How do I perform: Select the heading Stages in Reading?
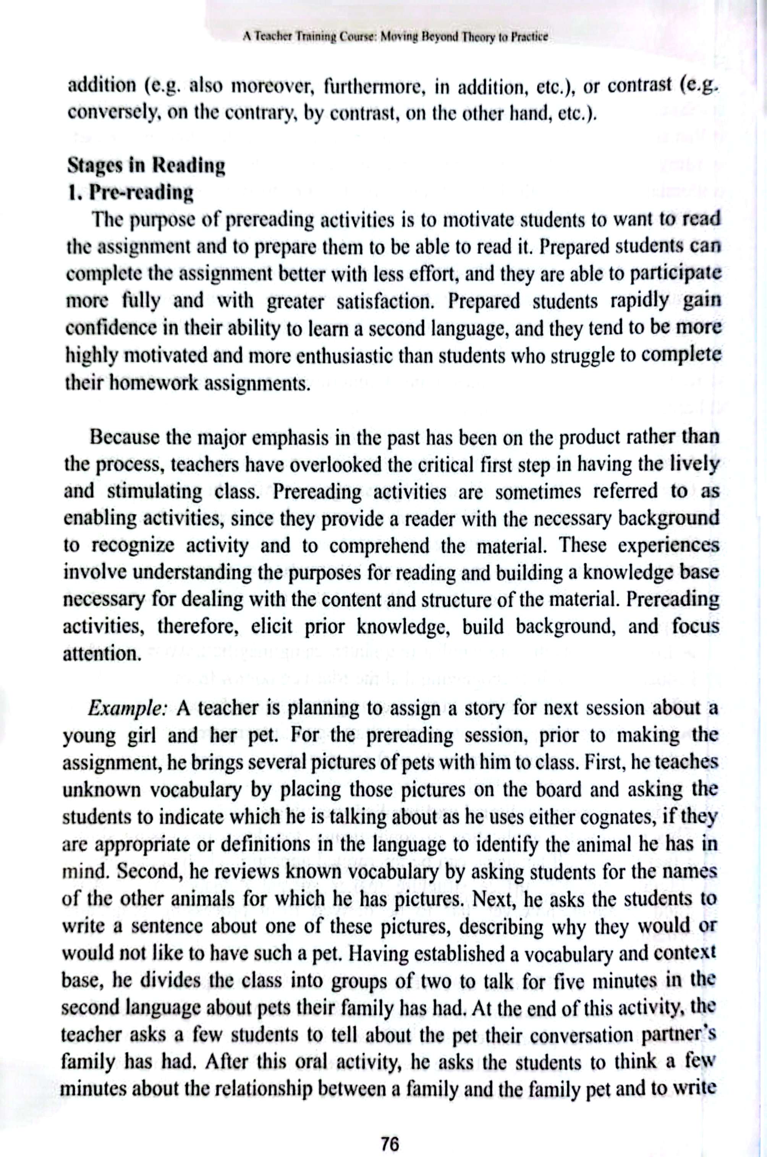(146, 166)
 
